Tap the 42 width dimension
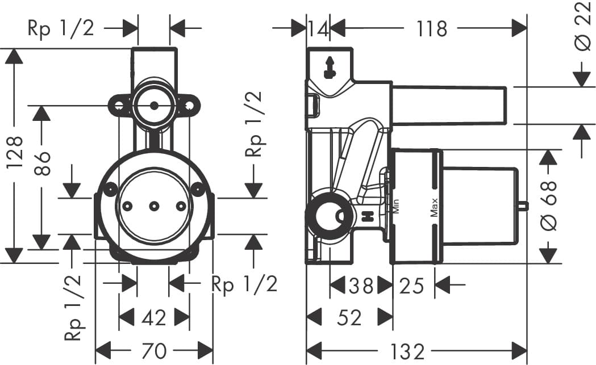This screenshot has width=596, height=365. pyautogui.click(x=153, y=317)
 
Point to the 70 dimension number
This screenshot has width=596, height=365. pyautogui.click(x=153, y=351)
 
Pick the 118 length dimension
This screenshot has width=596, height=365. pyautogui.click(x=432, y=28)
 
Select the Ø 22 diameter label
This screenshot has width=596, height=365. pyautogui.click(x=582, y=25)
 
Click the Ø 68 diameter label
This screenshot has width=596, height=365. pyautogui.click(x=548, y=206)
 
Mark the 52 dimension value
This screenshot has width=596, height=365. pyautogui.click(x=349, y=317)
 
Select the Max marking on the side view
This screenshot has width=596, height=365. pyautogui.click(x=434, y=207)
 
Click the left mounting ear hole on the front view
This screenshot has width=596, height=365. pyautogui.click(x=118, y=106)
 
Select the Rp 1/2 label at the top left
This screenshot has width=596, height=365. pyautogui.click(x=61, y=28)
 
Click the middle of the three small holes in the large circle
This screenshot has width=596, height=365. pyautogui.click(x=153, y=206)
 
